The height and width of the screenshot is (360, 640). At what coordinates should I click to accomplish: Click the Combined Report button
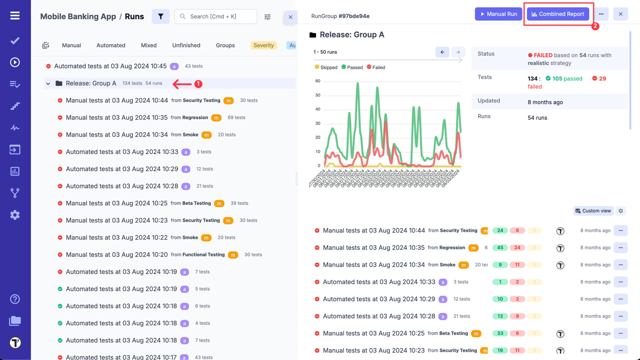558,14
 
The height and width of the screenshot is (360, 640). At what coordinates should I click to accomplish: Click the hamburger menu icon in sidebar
15,15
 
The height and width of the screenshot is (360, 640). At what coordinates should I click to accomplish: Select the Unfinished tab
186,45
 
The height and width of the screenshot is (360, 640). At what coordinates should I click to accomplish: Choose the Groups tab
225,45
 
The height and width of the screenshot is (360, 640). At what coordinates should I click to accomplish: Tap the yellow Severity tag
263,45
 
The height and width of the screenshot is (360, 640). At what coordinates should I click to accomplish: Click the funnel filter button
160,16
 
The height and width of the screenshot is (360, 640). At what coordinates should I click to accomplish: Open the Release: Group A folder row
91,83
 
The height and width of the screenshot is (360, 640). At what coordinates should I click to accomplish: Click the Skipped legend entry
326,67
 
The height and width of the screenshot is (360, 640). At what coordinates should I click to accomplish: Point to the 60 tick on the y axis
317,81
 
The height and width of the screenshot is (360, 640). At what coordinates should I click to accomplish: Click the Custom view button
593,211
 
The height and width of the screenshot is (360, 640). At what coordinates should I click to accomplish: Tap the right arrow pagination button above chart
457,52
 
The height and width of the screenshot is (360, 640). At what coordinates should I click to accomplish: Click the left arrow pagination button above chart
442,52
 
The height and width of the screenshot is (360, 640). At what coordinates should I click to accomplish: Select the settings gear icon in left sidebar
15,215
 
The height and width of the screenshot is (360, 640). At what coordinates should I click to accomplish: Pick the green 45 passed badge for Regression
500,247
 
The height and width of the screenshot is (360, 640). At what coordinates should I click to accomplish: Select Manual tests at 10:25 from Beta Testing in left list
116,203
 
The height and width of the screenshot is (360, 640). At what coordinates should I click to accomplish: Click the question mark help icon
15,299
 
